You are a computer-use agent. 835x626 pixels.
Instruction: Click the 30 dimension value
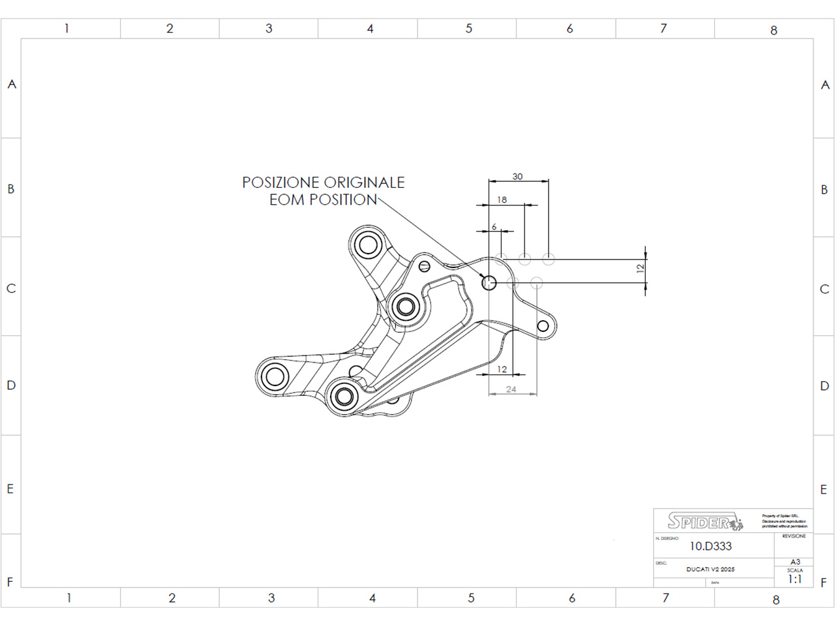click(517, 177)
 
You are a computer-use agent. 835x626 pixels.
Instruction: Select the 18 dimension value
click(502, 200)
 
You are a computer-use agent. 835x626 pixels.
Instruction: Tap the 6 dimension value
click(494, 227)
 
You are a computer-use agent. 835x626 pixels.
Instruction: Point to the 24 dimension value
click(511, 389)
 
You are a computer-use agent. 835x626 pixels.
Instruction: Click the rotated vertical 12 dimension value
click(641, 267)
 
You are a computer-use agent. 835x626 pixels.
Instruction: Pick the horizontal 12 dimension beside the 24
click(502, 369)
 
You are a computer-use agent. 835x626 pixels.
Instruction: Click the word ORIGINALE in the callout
click(364, 183)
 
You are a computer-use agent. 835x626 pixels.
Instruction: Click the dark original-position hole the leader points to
click(489, 282)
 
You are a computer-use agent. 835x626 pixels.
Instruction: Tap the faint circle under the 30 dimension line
click(549, 260)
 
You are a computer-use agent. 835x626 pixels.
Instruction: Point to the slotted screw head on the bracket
click(425, 265)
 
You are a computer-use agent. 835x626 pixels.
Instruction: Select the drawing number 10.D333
click(710, 546)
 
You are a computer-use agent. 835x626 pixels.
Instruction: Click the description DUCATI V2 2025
click(710, 569)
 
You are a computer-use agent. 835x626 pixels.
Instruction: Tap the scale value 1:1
click(795, 579)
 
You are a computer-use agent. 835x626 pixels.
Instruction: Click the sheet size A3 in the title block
click(795, 562)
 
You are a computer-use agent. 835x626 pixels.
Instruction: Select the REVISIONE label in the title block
click(794, 536)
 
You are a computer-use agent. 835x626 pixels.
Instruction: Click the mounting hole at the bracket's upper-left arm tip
click(367, 245)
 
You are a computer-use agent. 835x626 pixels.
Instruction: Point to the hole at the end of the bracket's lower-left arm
click(275, 376)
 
